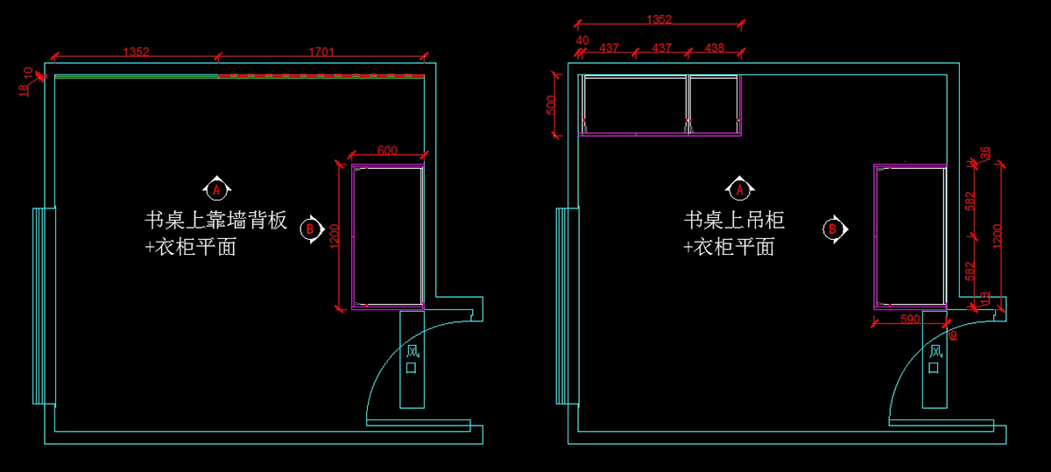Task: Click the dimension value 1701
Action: point(321,52)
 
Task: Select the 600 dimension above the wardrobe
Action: point(387,151)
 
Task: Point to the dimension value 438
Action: point(715,47)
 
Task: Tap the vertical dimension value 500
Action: point(550,104)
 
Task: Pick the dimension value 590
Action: point(910,319)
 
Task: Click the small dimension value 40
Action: point(582,40)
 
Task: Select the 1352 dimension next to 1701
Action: point(136,52)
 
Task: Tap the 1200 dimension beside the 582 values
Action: point(997,235)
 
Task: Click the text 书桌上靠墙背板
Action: point(216,221)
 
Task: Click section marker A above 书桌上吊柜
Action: point(739,188)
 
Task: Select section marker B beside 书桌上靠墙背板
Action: point(309,229)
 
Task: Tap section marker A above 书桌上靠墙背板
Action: point(216,187)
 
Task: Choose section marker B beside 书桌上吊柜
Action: point(833,229)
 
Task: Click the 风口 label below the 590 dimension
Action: point(935,359)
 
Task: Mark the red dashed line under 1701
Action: point(321,76)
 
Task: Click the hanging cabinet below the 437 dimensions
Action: point(660,104)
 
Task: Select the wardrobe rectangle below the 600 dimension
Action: point(387,236)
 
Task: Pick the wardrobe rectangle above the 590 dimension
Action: point(911,236)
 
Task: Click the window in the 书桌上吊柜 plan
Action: point(566,306)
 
